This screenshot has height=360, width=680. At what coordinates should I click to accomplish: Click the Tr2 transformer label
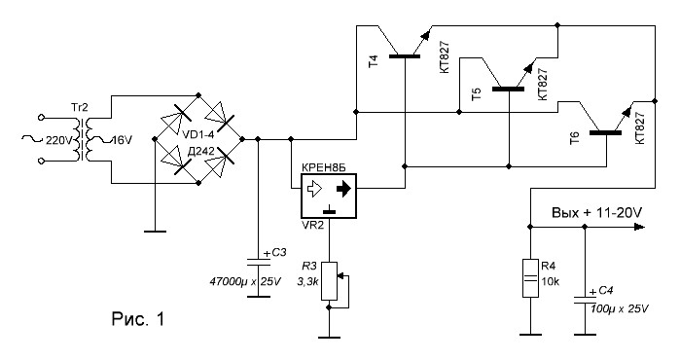81,107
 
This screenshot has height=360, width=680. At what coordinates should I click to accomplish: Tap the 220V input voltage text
57,140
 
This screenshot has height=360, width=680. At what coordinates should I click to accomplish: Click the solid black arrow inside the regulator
343,189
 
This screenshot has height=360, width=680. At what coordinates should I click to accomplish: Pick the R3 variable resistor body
329,281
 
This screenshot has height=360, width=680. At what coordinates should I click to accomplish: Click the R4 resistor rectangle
530,278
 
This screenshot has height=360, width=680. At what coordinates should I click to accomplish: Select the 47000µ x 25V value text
245,281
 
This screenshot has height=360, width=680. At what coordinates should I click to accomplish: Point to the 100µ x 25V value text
620,308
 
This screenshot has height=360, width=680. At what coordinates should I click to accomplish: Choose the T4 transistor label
374,60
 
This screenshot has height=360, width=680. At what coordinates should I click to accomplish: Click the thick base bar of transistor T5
508,90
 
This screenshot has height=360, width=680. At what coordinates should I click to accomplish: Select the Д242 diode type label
200,151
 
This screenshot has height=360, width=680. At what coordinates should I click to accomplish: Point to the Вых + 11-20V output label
596,212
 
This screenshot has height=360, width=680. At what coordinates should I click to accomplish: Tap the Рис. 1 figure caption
138,319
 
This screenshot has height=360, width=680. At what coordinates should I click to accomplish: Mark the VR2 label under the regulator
312,225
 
